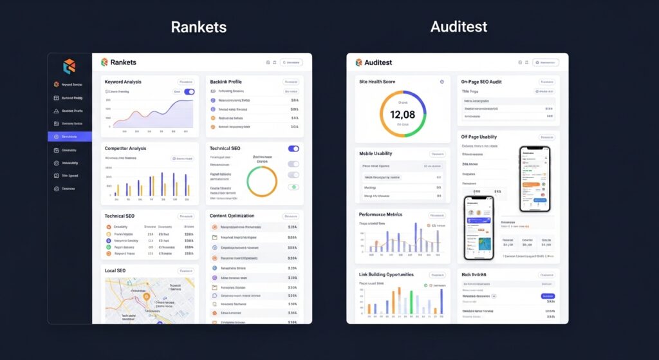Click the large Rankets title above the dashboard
pos(198,27)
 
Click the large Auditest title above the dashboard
pos(458,27)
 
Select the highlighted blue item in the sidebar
pos(70,137)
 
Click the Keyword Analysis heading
pos(123,82)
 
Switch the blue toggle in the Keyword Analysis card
pos(189,92)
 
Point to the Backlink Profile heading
pos(226,82)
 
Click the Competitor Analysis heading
pos(125,148)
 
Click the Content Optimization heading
pos(232,216)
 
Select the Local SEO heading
pos(115,270)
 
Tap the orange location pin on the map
pos(147,298)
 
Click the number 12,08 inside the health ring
pos(402,115)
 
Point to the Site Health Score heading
pos(376,82)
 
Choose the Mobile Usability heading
pos(375,153)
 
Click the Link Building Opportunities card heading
pos(386,275)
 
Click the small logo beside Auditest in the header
pos(358,62)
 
